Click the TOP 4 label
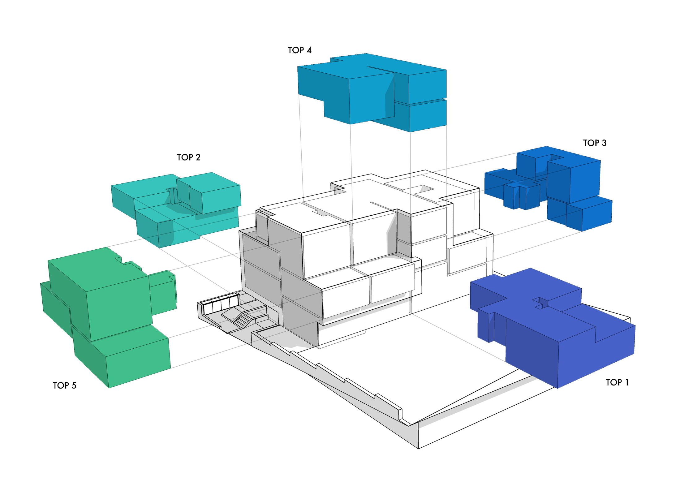click(299, 50)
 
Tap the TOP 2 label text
click(189, 157)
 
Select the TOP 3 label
click(595, 143)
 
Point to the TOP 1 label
click(617, 382)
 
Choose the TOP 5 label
click(64, 385)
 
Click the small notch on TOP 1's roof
click(540, 303)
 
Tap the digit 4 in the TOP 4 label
click(309, 50)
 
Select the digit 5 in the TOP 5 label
click(74, 385)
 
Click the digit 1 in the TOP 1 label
click(627, 382)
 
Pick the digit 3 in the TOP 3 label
click(604, 143)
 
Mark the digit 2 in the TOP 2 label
click(198, 157)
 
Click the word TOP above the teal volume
click(185, 157)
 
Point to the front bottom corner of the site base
click(418, 449)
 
